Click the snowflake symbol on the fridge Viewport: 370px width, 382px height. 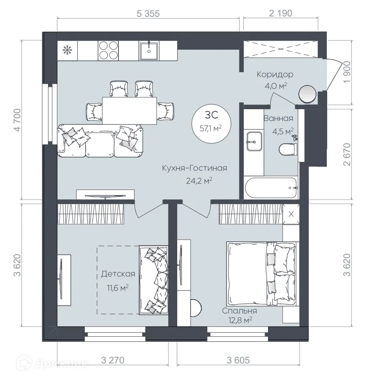[x=67, y=50]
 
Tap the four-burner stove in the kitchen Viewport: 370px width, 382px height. [x=108, y=50]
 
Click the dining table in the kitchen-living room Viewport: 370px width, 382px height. [x=129, y=110]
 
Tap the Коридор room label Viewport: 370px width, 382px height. [x=275, y=74]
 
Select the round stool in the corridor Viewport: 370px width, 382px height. [x=308, y=94]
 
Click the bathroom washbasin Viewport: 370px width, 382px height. [x=254, y=141]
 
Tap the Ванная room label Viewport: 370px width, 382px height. [x=278, y=119]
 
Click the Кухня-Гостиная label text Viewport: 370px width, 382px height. [x=195, y=168]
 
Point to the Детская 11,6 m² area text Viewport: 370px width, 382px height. [x=118, y=280]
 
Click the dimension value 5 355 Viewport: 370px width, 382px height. [x=148, y=13]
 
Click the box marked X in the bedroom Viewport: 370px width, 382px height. [x=290, y=214]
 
